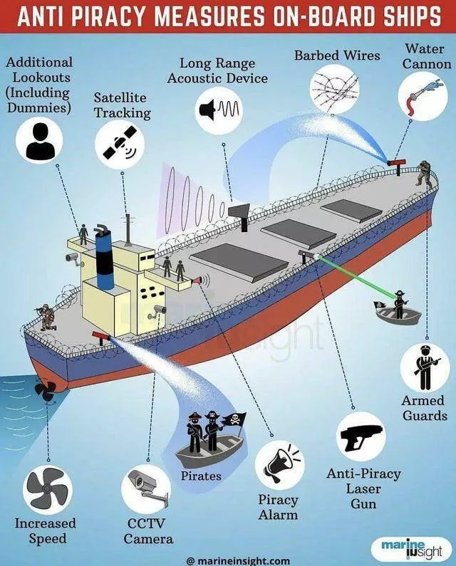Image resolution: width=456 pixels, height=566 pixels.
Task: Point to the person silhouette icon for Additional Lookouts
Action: (40, 141)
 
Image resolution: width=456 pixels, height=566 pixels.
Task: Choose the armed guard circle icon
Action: (425, 367)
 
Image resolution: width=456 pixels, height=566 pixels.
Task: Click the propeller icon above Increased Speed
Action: (47, 489)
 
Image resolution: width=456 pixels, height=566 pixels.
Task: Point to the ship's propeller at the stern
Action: (45, 390)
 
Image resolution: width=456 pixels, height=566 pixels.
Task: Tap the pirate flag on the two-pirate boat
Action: (234, 422)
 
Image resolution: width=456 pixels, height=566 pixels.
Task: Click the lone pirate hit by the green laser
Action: (399, 304)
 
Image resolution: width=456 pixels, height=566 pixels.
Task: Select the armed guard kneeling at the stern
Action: (46, 318)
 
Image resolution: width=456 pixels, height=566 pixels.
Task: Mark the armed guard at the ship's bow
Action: (424, 174)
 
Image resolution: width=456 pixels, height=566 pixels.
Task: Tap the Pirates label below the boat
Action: (201, 476)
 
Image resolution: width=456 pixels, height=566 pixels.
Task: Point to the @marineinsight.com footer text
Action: (239, 560)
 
